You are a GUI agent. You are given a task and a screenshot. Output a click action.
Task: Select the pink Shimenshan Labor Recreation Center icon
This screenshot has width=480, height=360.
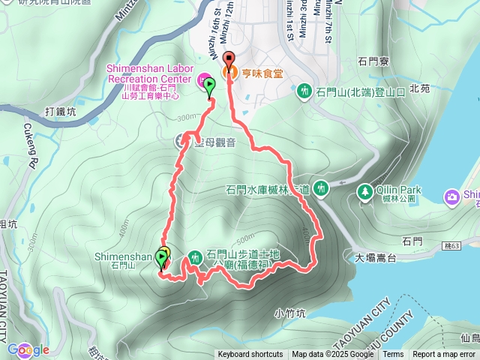202,79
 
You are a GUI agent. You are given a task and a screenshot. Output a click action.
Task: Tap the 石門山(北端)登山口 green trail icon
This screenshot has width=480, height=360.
304,91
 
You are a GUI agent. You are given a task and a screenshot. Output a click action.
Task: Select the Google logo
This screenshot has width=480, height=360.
28,349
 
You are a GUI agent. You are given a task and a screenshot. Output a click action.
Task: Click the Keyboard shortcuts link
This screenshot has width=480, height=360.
250,355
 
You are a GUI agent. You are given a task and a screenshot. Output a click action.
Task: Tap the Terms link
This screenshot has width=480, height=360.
393,355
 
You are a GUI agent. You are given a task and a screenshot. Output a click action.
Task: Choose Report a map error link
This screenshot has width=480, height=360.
445,355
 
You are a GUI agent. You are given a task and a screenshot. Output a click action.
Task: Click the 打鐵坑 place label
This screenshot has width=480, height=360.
60,112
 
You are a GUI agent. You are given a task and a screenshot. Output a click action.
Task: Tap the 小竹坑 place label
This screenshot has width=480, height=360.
289,313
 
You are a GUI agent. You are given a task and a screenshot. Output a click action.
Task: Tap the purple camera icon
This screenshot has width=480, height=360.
451,196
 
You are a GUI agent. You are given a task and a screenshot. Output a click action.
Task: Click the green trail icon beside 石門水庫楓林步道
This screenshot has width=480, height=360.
321,187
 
